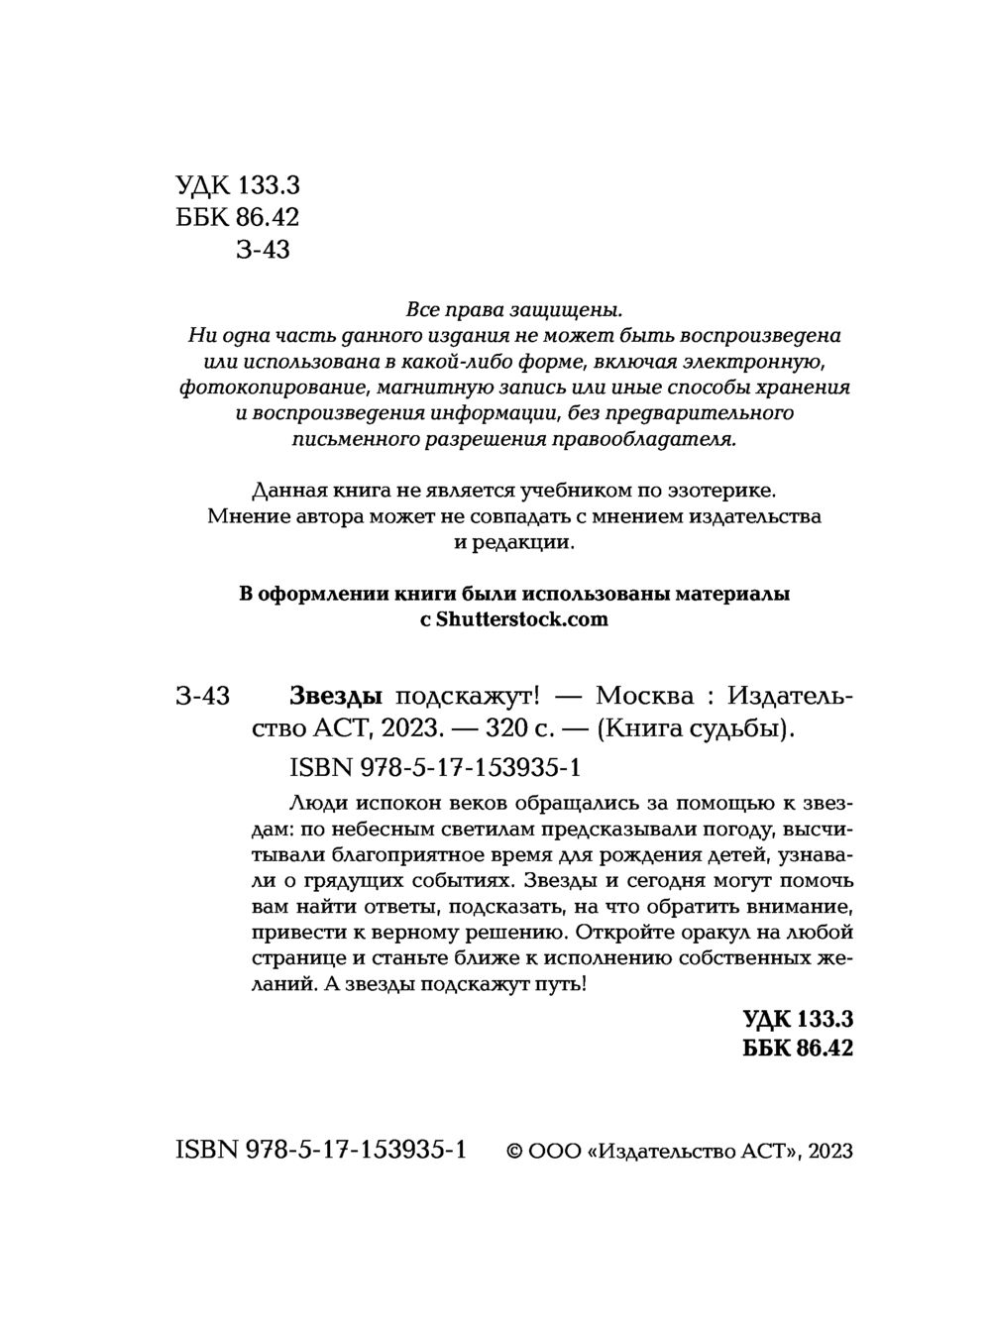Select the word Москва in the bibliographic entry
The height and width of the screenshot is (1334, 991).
click(647, 697)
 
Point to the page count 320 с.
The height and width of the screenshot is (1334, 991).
click(521, 728)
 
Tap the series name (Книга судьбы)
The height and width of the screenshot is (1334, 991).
click(695, 728)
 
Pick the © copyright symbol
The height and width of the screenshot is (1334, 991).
click(514, 1151)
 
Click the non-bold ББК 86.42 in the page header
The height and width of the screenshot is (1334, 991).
click(237, 217)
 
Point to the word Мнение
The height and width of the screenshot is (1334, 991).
click(246, 516)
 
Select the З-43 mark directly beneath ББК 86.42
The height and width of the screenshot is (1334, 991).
click(263, 250)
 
